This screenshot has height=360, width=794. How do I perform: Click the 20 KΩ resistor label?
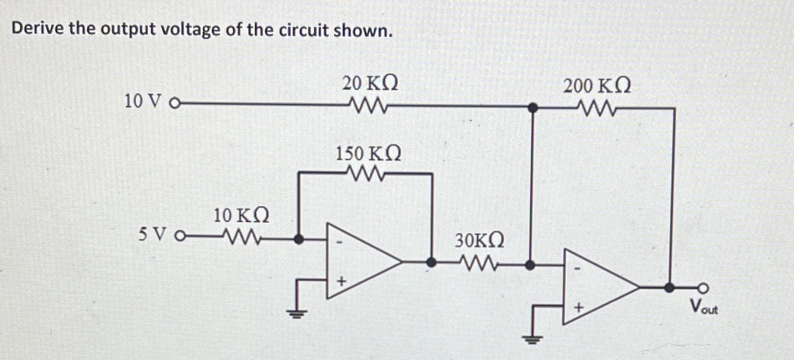point(371,84)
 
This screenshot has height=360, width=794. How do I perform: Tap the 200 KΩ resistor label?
point(597,86)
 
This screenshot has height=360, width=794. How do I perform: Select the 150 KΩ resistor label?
point(368,154)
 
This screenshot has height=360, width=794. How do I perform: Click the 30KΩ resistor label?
point(480,240)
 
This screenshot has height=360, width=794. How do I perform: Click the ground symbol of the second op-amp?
point(533,338)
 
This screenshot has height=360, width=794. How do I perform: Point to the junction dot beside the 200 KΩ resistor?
point(532,108)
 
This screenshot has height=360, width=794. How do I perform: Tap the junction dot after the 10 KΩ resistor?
point(299,237)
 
